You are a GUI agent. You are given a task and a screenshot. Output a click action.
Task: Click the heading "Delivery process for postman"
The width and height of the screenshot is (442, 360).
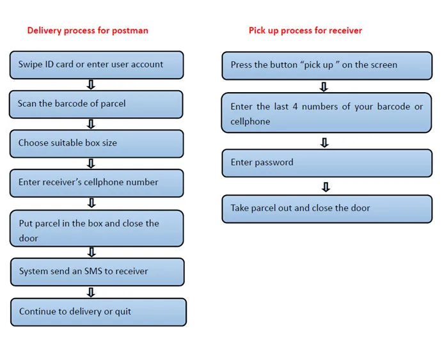[x=88, y=31]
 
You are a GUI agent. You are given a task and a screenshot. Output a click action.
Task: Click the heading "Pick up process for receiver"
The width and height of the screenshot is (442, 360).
[x=305, y=31]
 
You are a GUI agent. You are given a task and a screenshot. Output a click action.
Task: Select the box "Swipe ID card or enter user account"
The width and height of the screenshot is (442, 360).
[x=97, y=65]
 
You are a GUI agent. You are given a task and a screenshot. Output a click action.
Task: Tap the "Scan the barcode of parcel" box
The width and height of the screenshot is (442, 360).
[x=96, y=104]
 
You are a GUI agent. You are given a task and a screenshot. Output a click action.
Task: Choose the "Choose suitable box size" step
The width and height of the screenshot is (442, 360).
[x=97, y=144]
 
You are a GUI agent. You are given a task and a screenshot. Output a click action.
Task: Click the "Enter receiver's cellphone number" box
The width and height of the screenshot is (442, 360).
[x=97, y=183]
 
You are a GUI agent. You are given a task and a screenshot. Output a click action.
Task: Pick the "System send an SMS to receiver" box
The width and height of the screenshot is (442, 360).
[x=97, y=272]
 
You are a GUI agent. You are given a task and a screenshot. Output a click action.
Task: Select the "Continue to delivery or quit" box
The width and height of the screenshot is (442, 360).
[x=99, y=312]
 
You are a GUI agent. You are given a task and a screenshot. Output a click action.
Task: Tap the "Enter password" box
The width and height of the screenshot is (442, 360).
[x=327, y=163]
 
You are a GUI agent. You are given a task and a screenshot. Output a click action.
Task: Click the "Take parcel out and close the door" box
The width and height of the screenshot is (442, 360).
[x=327, y=209]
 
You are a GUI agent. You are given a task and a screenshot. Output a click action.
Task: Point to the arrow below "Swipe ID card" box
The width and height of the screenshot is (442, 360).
[x=91, y=84]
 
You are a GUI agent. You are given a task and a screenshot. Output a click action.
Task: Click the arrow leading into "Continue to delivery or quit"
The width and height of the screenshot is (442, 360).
[x=91, y=292]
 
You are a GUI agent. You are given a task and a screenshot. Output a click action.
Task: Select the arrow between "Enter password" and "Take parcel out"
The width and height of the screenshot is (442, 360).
[x=326, y=187]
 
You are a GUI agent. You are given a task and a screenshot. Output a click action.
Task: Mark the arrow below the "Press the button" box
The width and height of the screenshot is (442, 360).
[x=324, y=87]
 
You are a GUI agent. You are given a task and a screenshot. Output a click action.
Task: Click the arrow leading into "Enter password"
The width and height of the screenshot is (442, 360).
[x=324, y=143]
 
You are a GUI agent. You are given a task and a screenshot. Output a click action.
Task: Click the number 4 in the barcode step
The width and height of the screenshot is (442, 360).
[x=295, y=107]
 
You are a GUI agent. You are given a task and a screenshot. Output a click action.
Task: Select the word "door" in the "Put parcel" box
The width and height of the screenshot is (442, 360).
[x=29, y=239]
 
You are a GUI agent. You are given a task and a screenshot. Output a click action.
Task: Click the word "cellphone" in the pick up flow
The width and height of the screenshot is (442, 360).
[x=250, y=121]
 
